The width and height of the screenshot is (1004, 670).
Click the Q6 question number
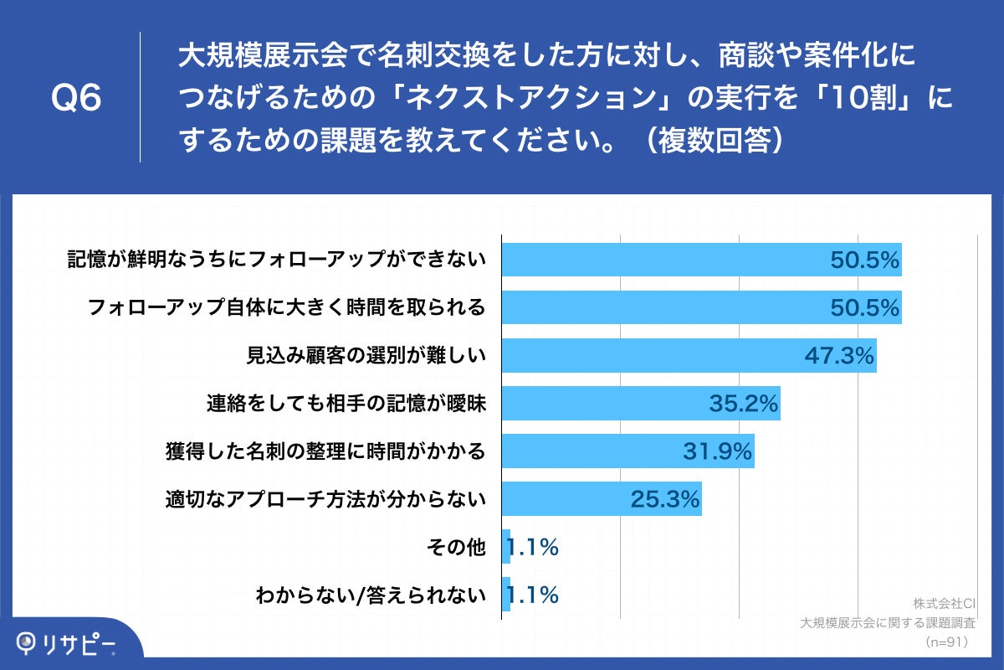(76, 99)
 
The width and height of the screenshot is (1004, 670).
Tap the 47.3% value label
(839, 357)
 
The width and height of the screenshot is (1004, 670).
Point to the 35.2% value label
(744, 405)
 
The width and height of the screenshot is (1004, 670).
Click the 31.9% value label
(718, 452)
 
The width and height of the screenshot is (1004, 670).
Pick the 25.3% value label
(664, 500)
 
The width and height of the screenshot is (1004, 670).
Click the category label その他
(456, 548)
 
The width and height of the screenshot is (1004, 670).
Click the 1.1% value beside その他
(533, 548)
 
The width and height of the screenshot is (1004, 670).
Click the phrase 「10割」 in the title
(868, 99)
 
